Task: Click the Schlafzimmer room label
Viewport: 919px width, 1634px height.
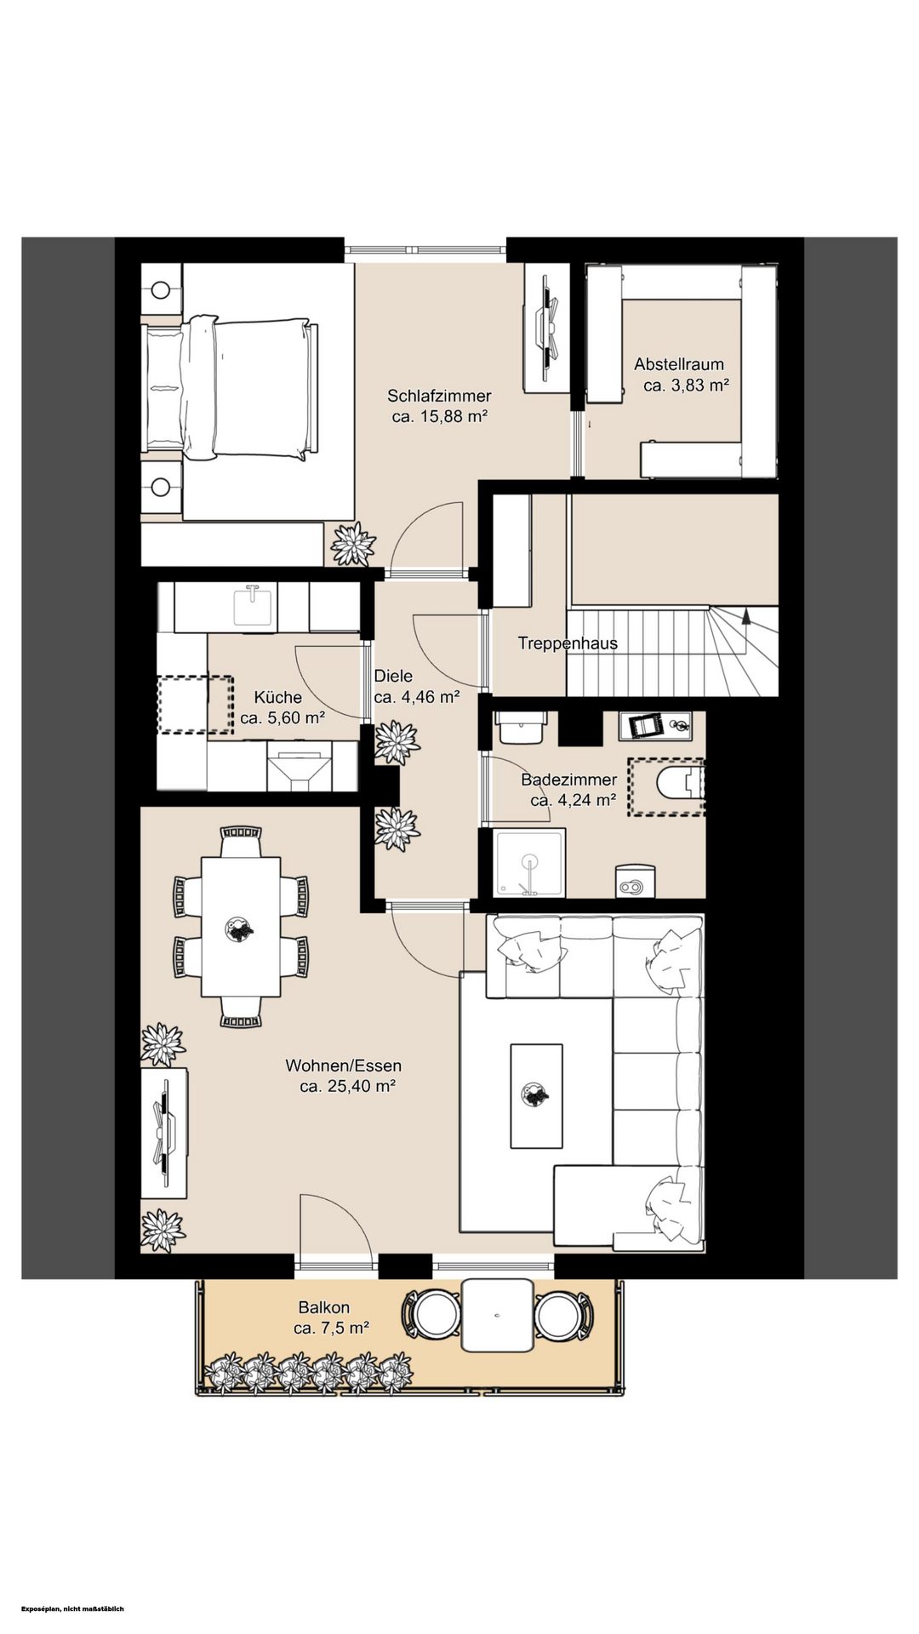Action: [439, 396]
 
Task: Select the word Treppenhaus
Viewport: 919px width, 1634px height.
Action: [568, 643]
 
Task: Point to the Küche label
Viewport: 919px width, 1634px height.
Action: [278, 698]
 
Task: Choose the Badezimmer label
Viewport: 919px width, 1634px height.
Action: [569, 780]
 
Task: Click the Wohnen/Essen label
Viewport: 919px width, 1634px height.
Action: [344, 1066]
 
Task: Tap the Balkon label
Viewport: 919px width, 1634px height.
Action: [323, 1308]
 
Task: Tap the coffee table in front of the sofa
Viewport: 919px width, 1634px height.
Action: [536, 1096]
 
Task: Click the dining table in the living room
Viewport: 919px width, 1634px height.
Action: [241, 926]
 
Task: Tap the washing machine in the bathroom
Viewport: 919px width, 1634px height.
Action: [634, 882]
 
